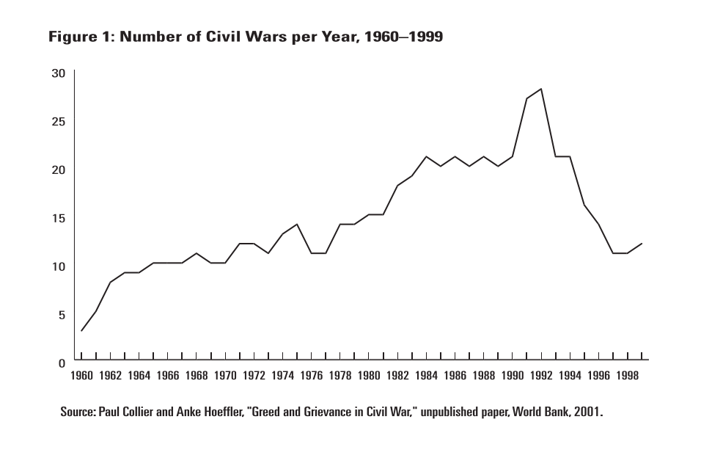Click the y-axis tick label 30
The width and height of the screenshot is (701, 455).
(x=58, y=73)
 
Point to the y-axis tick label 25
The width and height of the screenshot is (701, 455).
(x=58, y=121)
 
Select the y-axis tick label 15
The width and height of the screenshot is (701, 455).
(x=58, y=218)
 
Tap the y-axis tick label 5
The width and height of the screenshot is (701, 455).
(x=62, y=315)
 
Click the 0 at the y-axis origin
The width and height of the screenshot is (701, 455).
(x=62, y=363)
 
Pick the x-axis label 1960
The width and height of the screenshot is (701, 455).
(x=81, y=376)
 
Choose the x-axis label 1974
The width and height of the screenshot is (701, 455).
(x=282, y=376)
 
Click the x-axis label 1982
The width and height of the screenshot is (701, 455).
(x=397, y=376)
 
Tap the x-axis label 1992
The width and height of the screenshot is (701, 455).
(x=541, y=376)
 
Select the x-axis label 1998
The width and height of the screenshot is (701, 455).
(x=627, y=376)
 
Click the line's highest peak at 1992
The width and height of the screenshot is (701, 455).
(x=541, y=89)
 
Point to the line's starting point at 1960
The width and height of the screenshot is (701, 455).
(x=81, y=331)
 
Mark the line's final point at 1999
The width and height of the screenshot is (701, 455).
(x=642, y=244)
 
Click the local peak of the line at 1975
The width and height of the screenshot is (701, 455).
(x=297, y=225)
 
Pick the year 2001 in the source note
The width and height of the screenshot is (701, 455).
(x=586, y=412)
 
